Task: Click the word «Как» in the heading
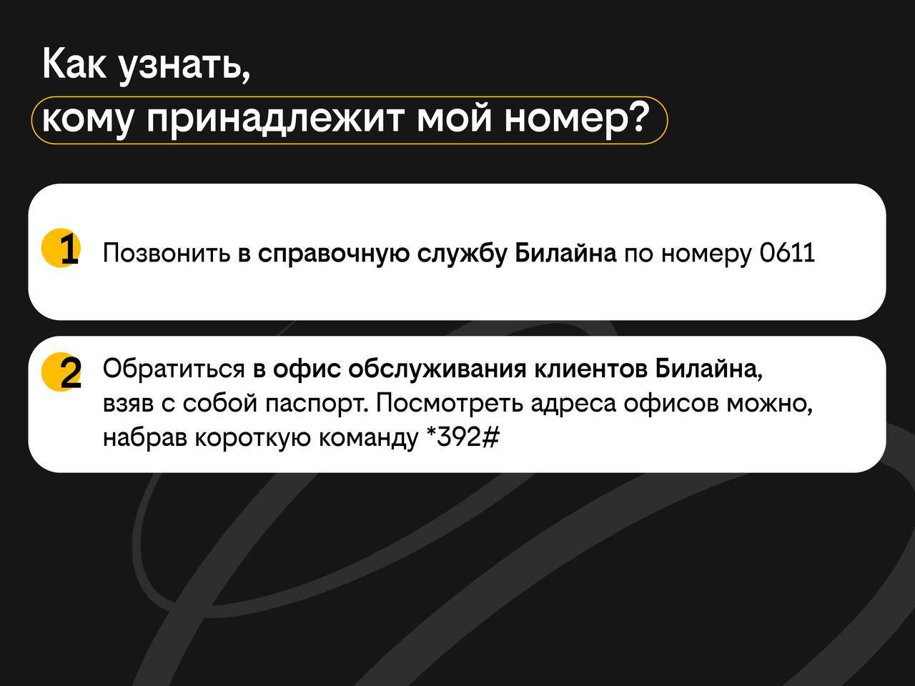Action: point(74,64)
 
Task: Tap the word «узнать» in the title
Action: point(184,67)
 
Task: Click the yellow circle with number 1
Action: point(61,248)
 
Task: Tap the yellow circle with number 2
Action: point(61,372)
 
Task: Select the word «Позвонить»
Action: point(167,253)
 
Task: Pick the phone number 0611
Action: point(787,253)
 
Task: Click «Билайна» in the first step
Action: point(565,253)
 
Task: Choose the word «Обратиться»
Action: point(174,369)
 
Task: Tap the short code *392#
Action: point(463,437)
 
